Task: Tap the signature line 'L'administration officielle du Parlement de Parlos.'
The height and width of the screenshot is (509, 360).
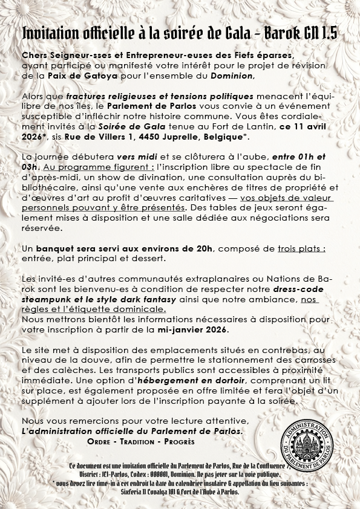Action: tap(132, 431)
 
